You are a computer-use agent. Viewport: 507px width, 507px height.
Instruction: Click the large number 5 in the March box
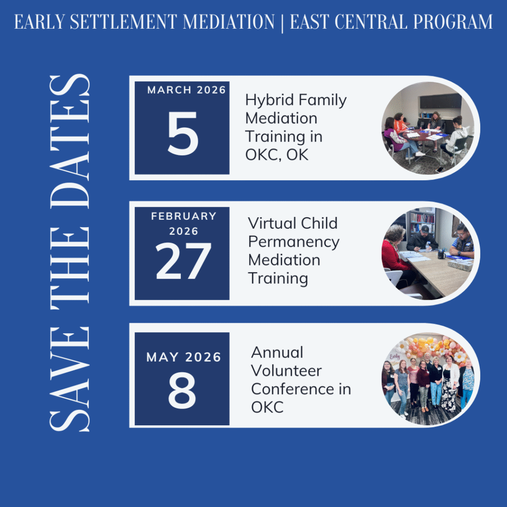(x=183, y=133)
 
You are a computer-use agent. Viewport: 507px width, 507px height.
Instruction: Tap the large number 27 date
(x=183, y=260)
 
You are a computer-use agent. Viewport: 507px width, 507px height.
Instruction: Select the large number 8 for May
(x=182, y=390)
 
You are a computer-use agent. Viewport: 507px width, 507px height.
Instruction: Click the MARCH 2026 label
(x=186, y=90)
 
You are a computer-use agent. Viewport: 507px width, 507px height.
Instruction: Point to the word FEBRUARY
(x=184, y=216)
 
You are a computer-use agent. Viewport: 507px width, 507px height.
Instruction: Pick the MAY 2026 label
(x=184, y=357)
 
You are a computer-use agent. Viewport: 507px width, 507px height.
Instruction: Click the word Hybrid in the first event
(x=269, y=100)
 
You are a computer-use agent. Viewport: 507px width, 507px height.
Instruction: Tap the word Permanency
(x=294, y=242)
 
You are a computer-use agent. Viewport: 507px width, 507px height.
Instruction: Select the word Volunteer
(x=286, y=371)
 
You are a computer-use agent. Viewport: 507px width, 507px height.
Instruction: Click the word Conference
(x=293, y=389)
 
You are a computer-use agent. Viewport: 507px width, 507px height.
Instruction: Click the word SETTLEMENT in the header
(x=123, y=22)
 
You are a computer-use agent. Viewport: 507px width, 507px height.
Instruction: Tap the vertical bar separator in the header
(x=282, y=23)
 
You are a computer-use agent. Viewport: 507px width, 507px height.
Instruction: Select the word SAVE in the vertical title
(x=69, y=379)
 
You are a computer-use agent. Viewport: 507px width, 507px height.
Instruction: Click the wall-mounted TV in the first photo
(x=440, y=101)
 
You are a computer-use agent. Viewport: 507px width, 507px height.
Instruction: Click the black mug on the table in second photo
(x=441, y=255)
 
